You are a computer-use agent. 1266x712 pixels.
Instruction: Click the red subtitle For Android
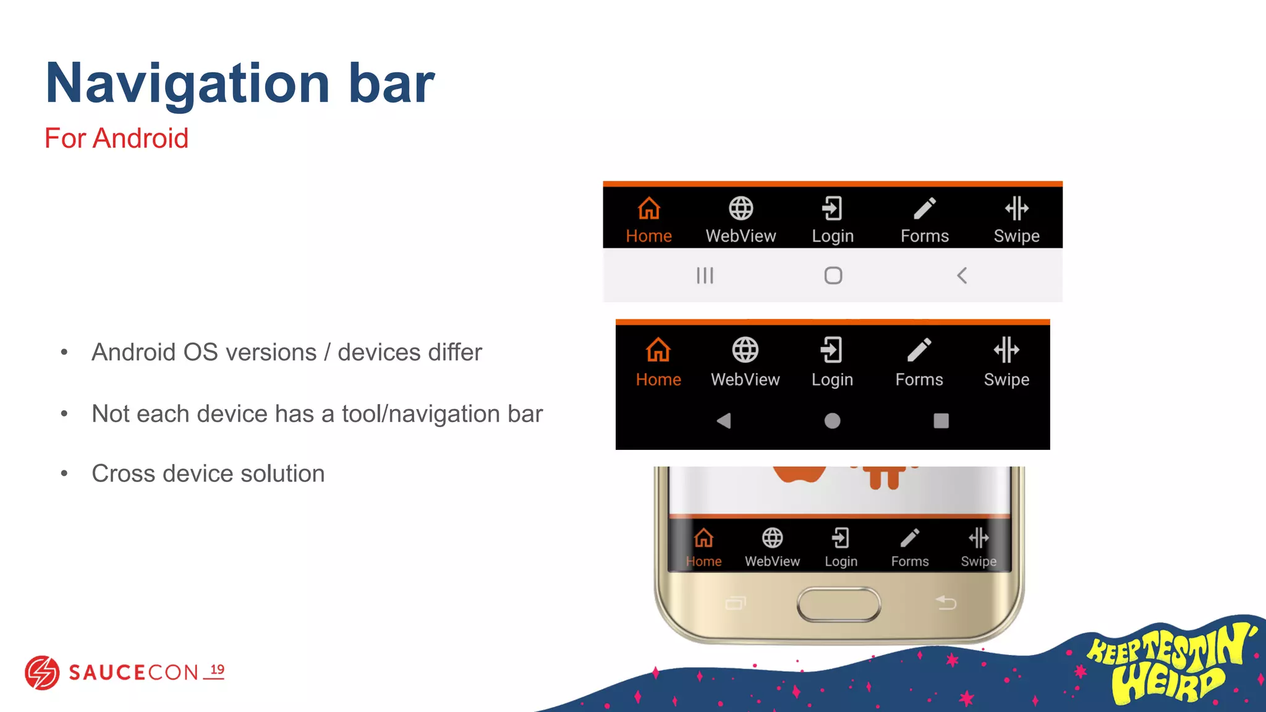(116, 138)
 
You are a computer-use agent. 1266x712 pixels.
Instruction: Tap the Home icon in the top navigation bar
(648, 209)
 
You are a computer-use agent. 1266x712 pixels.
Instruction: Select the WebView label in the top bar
(741, 236)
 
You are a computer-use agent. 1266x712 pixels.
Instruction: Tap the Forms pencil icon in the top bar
(924, 209)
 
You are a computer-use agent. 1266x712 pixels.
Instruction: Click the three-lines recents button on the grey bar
(705, 276)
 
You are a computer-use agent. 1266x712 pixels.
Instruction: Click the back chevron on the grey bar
(962, 276)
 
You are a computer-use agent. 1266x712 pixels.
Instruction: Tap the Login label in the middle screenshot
(832, 379)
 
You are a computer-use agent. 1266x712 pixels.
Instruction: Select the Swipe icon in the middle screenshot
(1006, 350)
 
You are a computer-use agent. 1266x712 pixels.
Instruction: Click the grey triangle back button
(724, 421)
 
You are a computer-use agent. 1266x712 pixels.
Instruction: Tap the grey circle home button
(832, 421)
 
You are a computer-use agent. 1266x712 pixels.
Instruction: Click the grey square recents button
(941, 421)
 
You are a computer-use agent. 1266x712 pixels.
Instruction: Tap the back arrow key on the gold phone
(946, 602)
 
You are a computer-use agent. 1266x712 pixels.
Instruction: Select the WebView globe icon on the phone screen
(772, 538)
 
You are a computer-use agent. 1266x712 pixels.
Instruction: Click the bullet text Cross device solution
(208, 474)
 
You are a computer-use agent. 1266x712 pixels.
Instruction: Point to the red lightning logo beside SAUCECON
(42, 672)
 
